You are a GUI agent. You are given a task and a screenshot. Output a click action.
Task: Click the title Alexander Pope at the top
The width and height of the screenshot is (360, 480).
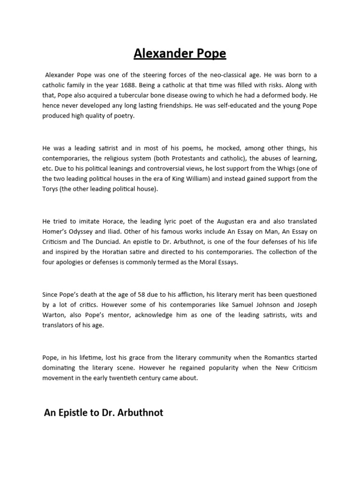tap(180, 54)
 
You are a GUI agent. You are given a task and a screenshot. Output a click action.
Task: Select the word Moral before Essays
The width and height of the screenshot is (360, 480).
tap(206, 262)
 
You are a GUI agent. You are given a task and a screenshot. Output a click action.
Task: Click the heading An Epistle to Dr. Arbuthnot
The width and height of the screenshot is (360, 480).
tap(104, 413)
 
